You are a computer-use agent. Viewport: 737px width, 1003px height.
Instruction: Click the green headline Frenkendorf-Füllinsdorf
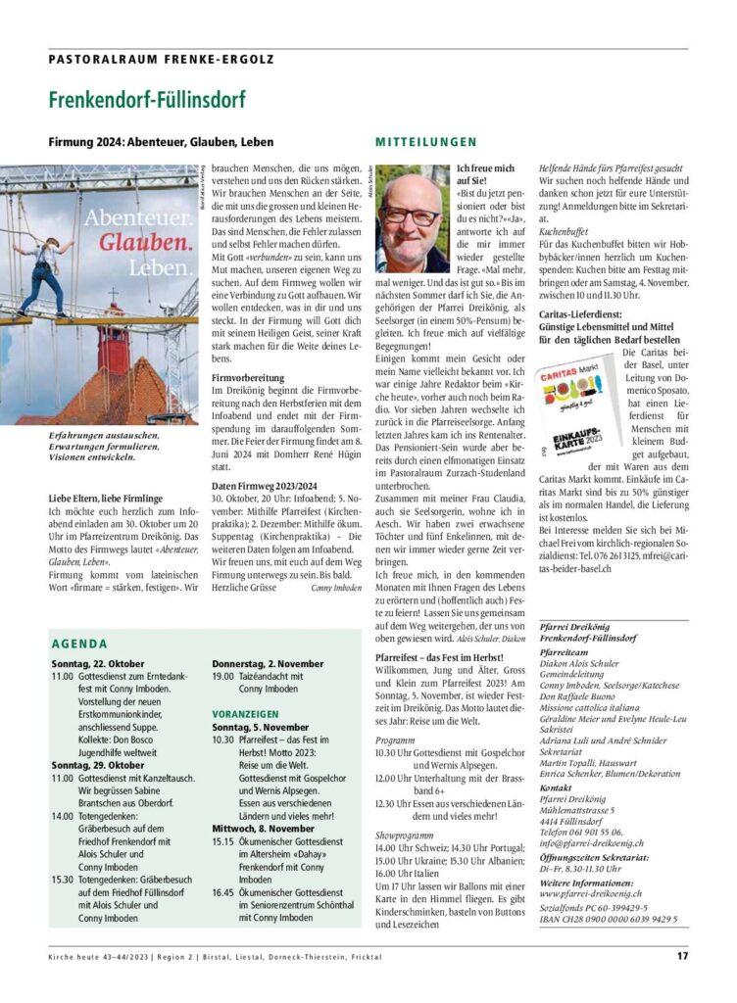tap(147, 100)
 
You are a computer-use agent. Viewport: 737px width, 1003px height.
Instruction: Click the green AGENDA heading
tap(79, 644)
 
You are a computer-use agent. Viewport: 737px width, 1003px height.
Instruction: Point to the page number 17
tap(681, 956)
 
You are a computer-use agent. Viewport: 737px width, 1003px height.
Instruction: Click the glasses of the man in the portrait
tap(410, 215)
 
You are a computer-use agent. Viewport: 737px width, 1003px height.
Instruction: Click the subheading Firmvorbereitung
tap(249, 376)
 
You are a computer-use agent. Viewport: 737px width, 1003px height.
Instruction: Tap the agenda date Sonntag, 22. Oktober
tap(98, 663)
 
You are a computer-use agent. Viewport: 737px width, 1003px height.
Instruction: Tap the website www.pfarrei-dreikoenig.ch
tap(591, 893)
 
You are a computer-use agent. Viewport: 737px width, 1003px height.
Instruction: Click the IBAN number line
tap(608, 920)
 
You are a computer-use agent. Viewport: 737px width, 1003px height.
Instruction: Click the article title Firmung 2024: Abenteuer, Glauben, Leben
tap(162, 143)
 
